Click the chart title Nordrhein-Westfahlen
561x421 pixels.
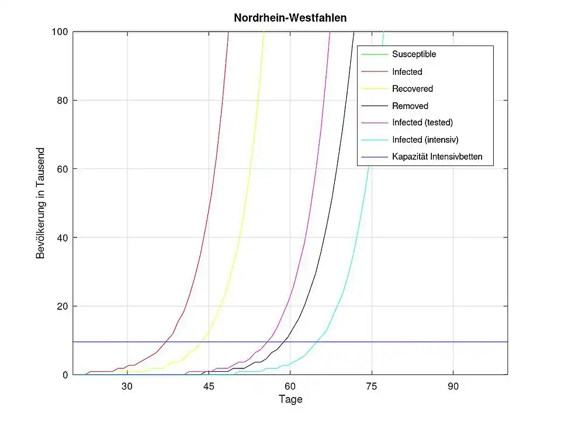point(290,18)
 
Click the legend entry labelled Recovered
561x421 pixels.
point(413,89)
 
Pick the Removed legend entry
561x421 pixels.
point(410,106)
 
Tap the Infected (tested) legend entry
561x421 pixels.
point(423,123)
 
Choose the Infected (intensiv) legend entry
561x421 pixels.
point(425,140)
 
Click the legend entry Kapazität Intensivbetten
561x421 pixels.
point(437,157)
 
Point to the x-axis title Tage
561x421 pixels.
point(290,399)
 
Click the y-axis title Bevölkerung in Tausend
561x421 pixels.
point(41,203)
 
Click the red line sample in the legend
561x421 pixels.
point(375,72)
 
